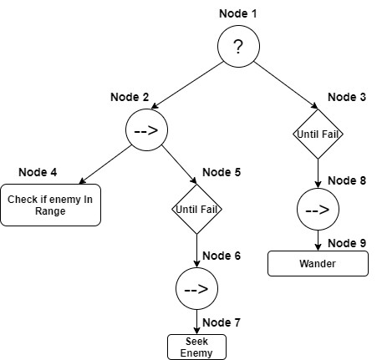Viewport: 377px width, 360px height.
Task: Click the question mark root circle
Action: click(x=238, y=48)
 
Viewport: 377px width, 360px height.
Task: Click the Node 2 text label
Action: click(x=130, y=98)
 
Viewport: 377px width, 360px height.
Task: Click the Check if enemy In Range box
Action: click(x=51, y=205)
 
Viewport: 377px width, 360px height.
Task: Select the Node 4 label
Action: click(x=38, y=172)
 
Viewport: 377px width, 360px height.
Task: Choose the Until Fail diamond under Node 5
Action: click(x=196, y=208)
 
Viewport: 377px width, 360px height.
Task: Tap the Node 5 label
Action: click(x=222, y=172)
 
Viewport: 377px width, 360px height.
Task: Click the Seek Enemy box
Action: click(x=196, y=347)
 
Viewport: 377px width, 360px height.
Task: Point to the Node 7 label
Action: click(x=222, y=322)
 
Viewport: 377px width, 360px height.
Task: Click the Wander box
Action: click(x=318, y=263)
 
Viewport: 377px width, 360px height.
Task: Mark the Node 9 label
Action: click(x=347, y=243)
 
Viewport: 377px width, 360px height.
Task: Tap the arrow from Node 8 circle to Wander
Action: click(x=318, y=240)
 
